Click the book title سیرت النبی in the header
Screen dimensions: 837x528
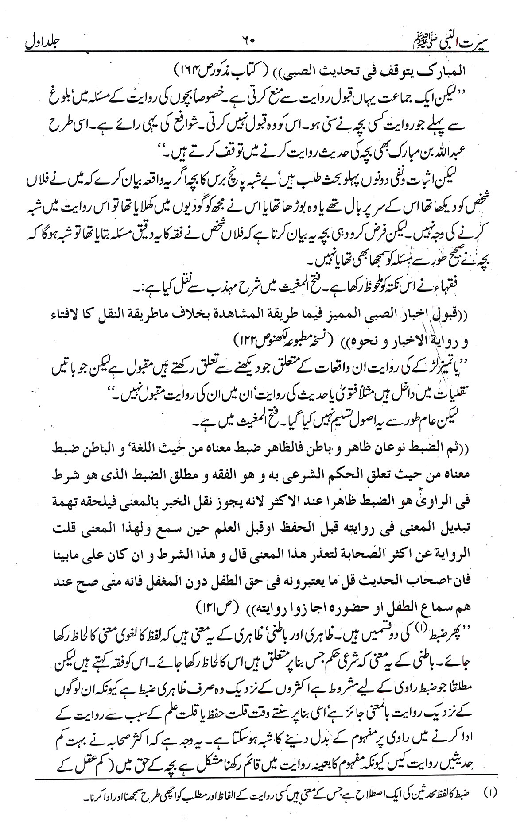[x=447, y=43]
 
